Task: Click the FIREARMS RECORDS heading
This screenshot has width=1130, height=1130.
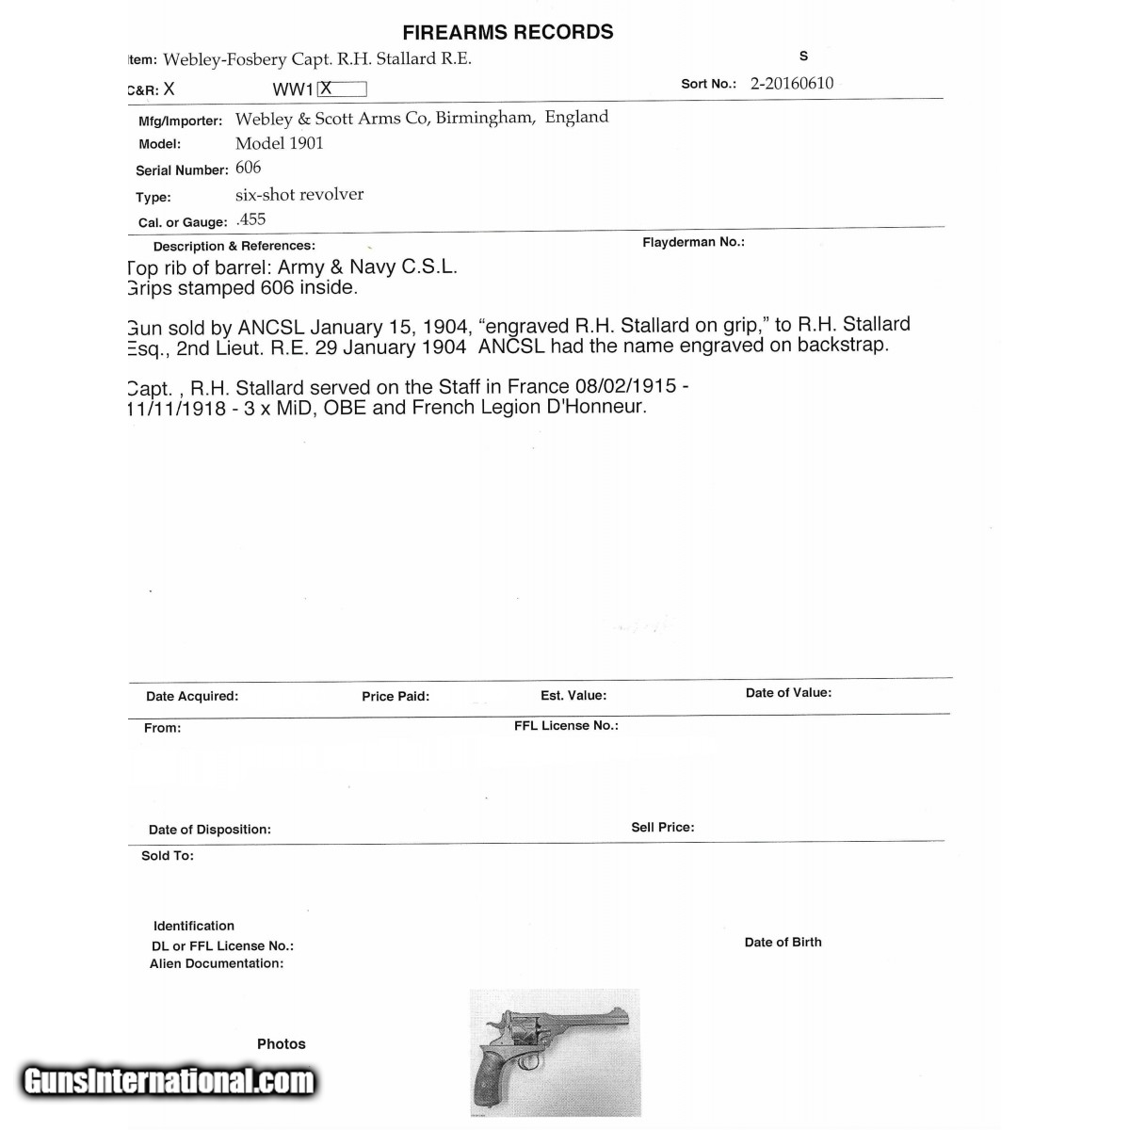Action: pos(508,32)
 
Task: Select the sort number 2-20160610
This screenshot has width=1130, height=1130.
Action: pos(791,83)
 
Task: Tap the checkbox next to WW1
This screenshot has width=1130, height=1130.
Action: pos(342,89)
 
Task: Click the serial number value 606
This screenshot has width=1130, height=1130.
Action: pos(249,168)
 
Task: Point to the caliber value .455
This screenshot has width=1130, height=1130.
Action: pos(251,219)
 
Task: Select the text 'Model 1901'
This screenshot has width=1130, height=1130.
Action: pos(279,143)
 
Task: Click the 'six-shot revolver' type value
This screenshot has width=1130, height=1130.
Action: pos(299,194)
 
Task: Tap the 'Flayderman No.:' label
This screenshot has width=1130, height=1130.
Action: pos(693,242)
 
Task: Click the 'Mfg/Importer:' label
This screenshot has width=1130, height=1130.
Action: pos(180,121)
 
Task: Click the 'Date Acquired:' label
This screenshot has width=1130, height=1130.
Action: pos(192,696)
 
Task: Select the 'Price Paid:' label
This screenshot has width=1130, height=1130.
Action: pos(395,696)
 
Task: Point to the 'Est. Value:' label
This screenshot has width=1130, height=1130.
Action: pos(573,695)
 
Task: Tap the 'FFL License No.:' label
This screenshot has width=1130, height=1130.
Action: pos(566,725)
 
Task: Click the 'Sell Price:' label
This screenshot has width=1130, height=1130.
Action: pos(663,827)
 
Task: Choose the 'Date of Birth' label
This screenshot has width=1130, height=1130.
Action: pos(783,942)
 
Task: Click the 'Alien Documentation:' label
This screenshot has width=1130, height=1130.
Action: pos(217,963)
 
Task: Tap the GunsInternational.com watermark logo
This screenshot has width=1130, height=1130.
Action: pos(169,1081)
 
